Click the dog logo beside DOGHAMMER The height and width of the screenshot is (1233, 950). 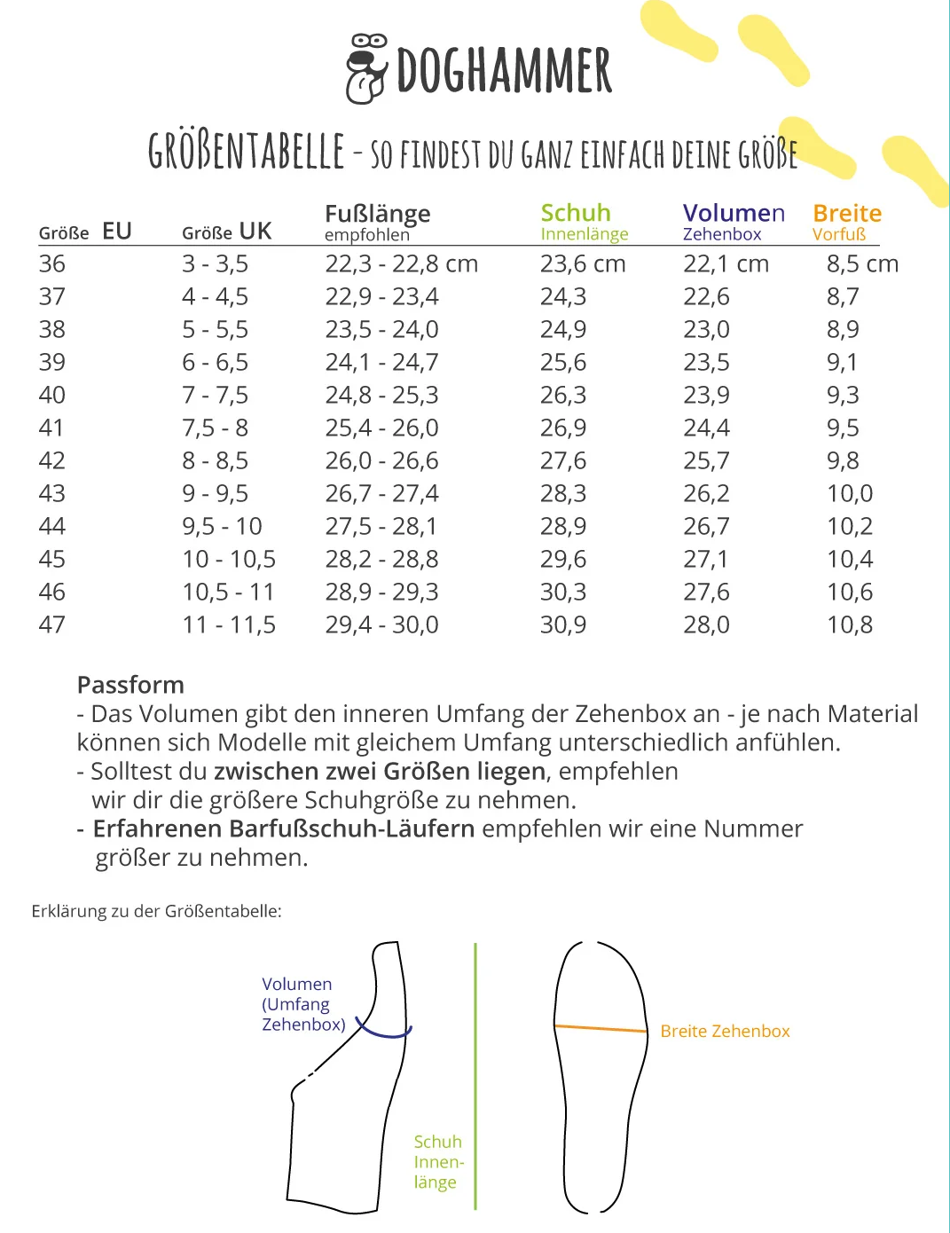[x=366, y=69]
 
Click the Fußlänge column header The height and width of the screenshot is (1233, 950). [x=377, y=214]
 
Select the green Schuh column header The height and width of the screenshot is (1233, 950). [x=576, y=213]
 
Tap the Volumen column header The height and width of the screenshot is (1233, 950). [x=734, y=213]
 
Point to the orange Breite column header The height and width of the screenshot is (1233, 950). [x=847, y=213]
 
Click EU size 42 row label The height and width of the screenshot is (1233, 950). [x=52, y=460]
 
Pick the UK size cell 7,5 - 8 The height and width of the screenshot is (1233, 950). [x=215, y=428]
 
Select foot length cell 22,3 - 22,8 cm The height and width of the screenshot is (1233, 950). [x=401, y=263]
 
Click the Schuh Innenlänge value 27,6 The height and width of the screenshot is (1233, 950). [x=563, y=460]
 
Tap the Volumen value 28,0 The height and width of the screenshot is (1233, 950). [x=706, y=624]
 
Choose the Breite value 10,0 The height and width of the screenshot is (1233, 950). [x=850, y=493]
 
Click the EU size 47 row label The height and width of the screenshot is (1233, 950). [x=52, y=624]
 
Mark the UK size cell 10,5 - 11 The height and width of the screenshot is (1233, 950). [x=228, y=592]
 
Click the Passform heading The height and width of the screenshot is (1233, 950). [x=130, y=685]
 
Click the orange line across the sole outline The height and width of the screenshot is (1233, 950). [x=601, y=1029]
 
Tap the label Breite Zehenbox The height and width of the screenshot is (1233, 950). [x=725, y=1031]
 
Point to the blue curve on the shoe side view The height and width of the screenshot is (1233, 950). [x=384, y=1033]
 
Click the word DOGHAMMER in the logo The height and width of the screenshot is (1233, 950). [x=504, y=71]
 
